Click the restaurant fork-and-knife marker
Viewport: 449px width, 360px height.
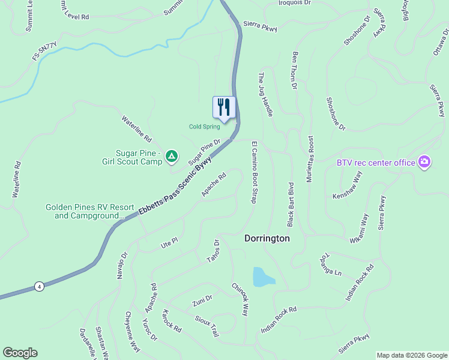(x=224, y=107)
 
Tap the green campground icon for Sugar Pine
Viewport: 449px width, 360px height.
(x=172, y=157)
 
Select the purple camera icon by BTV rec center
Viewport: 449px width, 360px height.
(x=424, y=162)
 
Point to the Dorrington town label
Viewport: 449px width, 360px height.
(x=267, y=238)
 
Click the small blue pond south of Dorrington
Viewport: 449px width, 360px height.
(x=263, y=277)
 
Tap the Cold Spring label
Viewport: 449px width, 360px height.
(x=204, y=127)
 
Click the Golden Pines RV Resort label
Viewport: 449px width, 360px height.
(x=84, y=211)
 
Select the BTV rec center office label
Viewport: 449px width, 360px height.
(x=376, y=163)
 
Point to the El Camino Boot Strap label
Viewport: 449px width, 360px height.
(x=254, y=172)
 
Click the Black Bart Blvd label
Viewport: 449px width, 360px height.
(x=290, y=204)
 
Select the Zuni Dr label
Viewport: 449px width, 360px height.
(x=202, y=300)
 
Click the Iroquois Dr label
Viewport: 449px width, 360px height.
(x=295, y=3)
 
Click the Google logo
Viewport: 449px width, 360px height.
(x=20, y=353)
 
